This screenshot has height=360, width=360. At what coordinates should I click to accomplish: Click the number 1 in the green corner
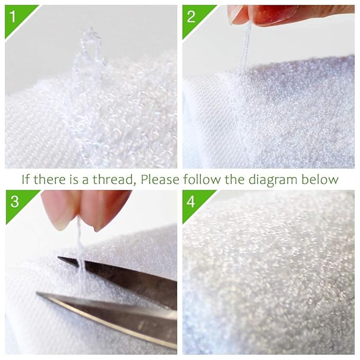coord(13,16)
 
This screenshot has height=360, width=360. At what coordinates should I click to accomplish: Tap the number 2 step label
coord(191,16)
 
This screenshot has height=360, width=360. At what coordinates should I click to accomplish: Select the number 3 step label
coord(15,201)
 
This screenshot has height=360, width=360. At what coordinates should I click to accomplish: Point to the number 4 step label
coord(191,201)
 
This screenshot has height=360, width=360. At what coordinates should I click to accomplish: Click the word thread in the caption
coord(113,179)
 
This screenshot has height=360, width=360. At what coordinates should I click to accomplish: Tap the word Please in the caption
coord(160,179)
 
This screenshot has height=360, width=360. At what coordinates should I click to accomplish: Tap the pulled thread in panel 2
coord(244,48)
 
